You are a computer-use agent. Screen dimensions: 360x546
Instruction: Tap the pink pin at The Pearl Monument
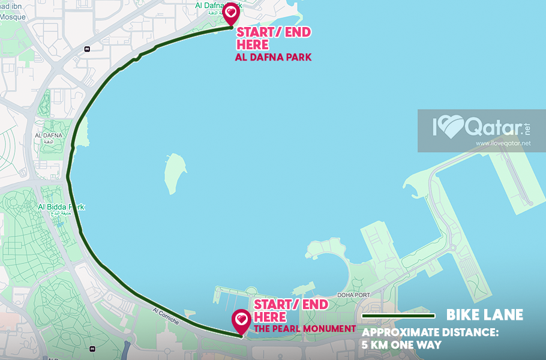(x=241, y=320)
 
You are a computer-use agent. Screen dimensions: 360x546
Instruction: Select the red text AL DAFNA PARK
(x=273, y=58)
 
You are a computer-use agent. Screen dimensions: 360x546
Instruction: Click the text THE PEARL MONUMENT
(x=305, y=328)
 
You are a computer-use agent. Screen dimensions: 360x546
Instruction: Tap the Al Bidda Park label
(x=61, y=207)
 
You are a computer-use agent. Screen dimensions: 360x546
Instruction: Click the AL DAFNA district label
(x=49, y=136)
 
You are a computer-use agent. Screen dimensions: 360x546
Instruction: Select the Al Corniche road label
(x=166, y=316)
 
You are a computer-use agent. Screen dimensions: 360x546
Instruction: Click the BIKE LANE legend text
(x=484, y=315)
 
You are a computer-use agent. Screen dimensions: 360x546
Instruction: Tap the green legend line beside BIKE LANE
(x=398, y=316)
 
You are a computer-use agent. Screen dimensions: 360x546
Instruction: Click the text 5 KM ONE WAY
(x=401, y=345)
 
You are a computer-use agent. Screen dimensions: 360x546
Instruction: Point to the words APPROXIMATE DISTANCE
(x=430, y=332)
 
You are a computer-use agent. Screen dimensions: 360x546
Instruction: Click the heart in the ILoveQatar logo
(x=454, y=127)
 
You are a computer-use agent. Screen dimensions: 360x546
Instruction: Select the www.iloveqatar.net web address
(x=503, y=143)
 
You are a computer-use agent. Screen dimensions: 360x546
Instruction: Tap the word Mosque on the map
(x=13, y=17)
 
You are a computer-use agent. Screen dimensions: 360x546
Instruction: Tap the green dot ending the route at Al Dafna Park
(x=231, y=27)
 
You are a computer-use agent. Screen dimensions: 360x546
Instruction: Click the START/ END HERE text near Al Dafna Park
(x=274, y=38)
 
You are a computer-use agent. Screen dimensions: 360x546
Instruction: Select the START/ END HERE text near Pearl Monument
(x=290, y=310)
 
